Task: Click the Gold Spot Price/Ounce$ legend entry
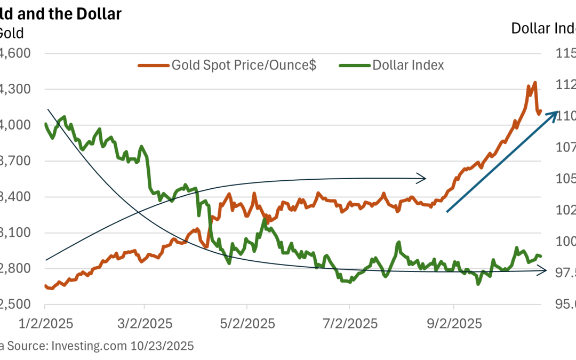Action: coord(244,65)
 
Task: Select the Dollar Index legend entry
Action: coord(408,65)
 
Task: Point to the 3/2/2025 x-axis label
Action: coord(144,324)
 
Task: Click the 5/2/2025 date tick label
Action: coord(246,324)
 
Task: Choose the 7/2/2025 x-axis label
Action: coord(349,324)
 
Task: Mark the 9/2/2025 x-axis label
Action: coord(453,324)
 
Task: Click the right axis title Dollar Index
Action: coord(543,28)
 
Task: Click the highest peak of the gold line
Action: coord(534,83)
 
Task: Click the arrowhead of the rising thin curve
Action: coord(423,178)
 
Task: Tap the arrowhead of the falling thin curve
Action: coord(545,271)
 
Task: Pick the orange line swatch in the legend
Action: coord(153,65)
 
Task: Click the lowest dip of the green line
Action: coord(478,284)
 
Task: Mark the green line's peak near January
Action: coord(64,116)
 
